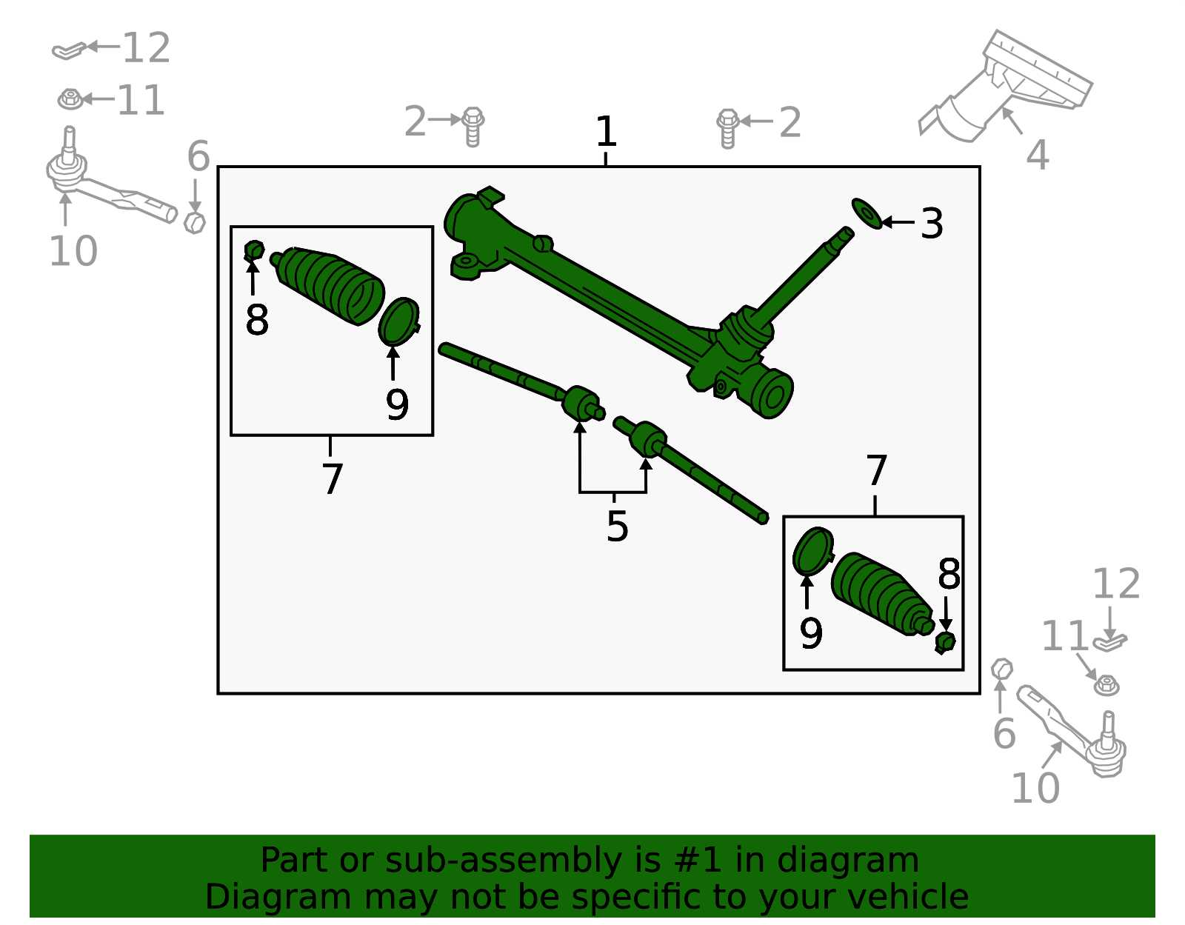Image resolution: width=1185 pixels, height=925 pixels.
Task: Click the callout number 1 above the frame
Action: coord(606,132)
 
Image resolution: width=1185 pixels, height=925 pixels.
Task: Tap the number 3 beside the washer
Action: coord(931,224)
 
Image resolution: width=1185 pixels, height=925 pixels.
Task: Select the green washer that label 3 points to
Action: coord(866,213)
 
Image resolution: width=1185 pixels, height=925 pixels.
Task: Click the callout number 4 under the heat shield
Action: coord(1037,156)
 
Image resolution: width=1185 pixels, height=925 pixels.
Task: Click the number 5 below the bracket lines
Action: coord(617,527)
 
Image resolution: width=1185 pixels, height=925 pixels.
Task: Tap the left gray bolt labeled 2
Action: coord(473,126)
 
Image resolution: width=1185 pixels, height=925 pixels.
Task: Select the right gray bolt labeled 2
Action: coord(727,127)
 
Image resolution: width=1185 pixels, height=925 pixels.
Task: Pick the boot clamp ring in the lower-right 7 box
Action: coord(812,551)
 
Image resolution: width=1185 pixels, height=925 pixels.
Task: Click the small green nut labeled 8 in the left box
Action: coord(254,251)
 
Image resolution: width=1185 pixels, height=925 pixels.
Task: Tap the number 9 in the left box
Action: coord(397,405)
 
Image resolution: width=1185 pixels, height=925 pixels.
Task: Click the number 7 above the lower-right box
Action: coord(876,471)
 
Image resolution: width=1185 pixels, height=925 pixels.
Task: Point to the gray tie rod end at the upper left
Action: coord(104,185)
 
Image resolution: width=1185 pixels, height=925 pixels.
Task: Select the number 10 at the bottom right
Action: coord(1035,788)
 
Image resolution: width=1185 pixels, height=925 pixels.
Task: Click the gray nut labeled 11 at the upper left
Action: coord(70,98)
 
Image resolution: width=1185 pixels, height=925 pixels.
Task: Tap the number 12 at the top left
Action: coord(146,49)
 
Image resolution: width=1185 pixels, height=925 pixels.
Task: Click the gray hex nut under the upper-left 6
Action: coord(194,221)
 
